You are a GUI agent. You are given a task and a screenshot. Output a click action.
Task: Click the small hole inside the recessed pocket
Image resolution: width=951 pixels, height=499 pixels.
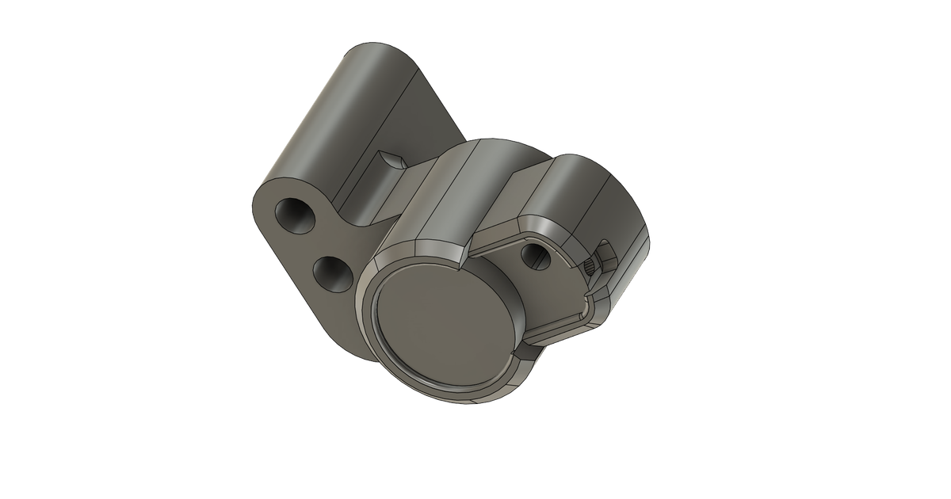[537, 253]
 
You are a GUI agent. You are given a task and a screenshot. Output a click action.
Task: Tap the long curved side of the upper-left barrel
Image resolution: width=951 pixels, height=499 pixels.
[333, 119]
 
